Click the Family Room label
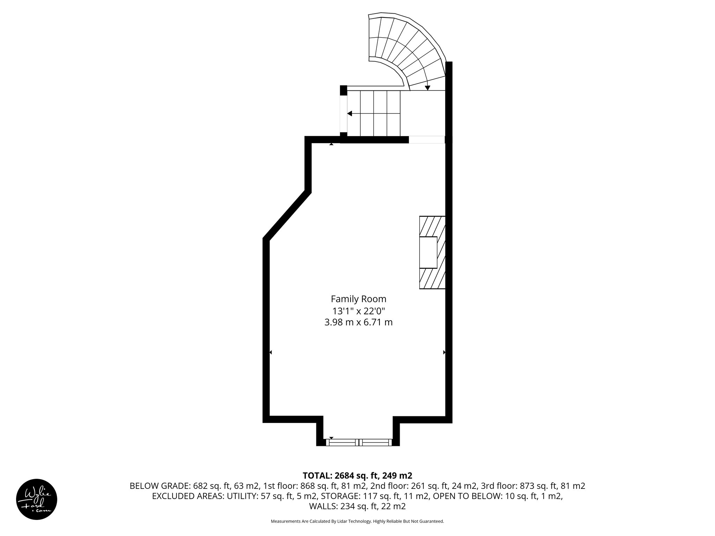pyautogui.click(x=358, y=299)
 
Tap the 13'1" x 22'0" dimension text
pyautogui.click(x=358, y=311)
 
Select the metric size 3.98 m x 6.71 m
pyautogui.click(x=358, y=322)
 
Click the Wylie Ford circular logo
pyautogui.click(x=37, y=499)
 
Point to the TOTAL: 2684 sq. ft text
pyautogui.click(x=357, y=475)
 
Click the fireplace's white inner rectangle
pyautogui.click(x=428, y=252)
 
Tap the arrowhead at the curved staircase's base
pyautogui.click(x=427, y=88)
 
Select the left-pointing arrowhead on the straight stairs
pyautogui.click(x=349, y=114)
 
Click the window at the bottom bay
pyautogui.click(x=359, y=442)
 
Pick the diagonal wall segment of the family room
pyautogui.click(x=286, y=216)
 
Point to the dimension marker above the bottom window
pyautogui.click(x=331, y=438)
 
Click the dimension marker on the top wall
pyautogui.click(x=331, y=144)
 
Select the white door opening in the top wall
pyautogui.click(x=427, y=140)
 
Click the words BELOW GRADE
pyautogui.click(x=160, y=486)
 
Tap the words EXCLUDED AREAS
pyautogui.click(x=188, y=496)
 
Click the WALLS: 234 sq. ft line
pyautogui.click(x=357, y=506)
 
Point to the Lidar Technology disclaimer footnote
pyautogui.click(x=357, y=521)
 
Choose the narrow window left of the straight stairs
pyautogui.click(x=344, y=113)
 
